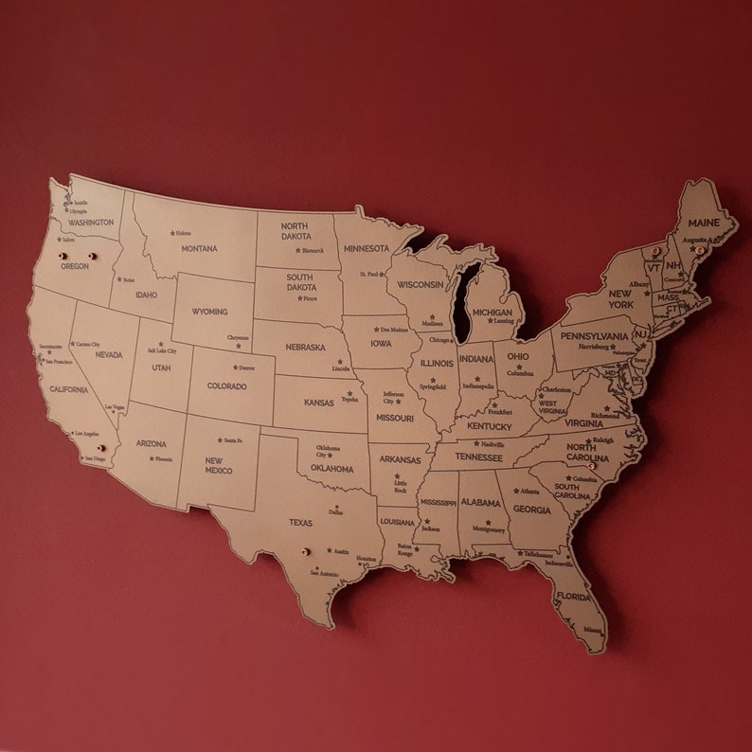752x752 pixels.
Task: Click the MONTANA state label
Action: tap(200, 249)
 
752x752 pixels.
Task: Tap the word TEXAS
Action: tap(300, 522)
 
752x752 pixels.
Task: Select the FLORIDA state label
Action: tap(573, 596)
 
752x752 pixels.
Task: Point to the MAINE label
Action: tap(704, 223)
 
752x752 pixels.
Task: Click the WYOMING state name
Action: tap(209, 312)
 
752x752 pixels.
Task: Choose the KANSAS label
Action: tap(319, 403)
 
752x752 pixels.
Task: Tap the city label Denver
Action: tap(246, 367)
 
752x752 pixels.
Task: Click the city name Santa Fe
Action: tap(233, 440)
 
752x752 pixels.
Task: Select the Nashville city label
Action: tap(492, 443)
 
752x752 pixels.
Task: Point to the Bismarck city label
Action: tap(313, 251)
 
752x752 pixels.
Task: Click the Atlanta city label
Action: tap(529, 492)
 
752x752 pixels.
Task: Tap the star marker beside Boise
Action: tap(119, 279)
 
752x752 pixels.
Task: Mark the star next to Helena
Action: tap(172, 233)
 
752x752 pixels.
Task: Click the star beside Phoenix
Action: tap(150, 459)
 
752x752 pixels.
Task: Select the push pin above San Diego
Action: tap(100, 448)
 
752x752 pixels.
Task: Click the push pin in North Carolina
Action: tap(592, 466)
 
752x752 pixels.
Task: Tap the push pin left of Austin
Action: tap(304, 551)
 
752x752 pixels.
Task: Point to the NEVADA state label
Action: tap(109, 355)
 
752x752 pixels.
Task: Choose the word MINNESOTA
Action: tap(366, 248)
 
